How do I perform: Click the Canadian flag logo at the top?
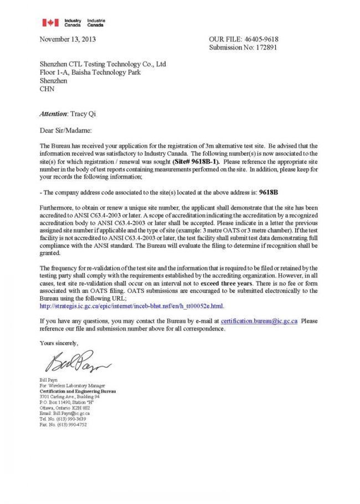point(50,23)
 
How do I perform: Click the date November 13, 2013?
point(68,39)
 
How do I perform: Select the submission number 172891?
point(263,48)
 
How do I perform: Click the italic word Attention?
point(53,114)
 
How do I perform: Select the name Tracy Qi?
point(84,114)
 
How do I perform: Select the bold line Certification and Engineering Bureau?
point(78,391)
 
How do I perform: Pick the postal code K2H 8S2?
point(81,408)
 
